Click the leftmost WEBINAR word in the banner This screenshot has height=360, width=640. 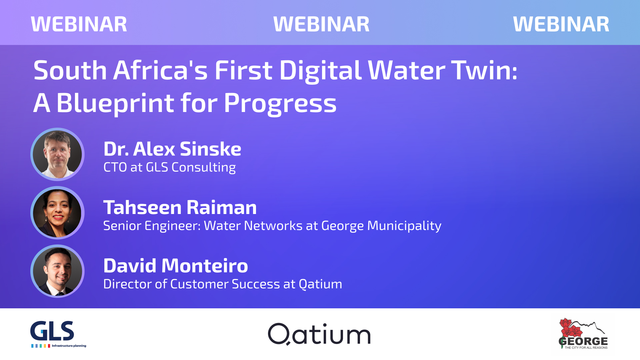point(79,24)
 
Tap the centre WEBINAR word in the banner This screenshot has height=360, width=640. point(321,24)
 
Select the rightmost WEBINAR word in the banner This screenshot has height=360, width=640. point(561,24)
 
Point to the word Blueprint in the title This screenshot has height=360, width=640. point(115,103)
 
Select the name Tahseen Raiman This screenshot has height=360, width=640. point(180,207)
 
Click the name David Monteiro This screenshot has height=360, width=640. point(176,266)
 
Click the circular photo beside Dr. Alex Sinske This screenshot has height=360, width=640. point(57,154)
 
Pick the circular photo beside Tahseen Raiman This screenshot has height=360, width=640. point(57,213)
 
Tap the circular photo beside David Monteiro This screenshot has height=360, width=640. point(57,271)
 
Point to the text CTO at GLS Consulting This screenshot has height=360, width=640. point(170,167)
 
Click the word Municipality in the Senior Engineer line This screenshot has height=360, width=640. point(404,226)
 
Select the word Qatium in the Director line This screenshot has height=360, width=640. point(320,284)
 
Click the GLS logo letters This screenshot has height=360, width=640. point(52,331)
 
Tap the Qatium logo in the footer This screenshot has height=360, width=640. point(319,334)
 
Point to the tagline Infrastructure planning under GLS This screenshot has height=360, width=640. point(69,346)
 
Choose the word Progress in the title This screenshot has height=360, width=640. point(280,103)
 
